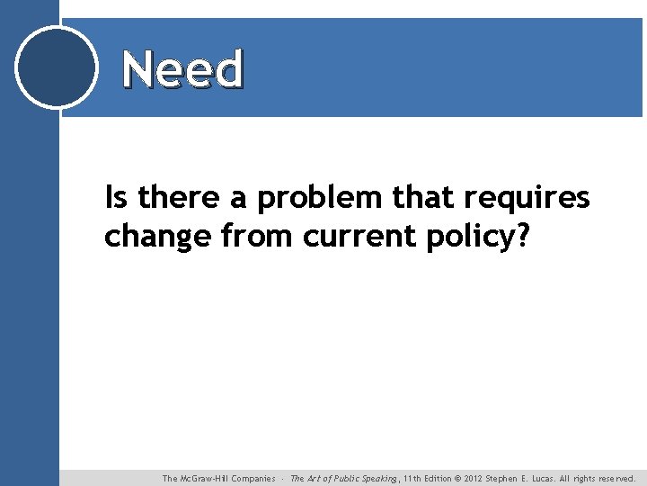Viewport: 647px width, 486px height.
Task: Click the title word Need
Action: (182, 69)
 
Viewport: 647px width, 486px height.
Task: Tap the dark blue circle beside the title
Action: (57, 67)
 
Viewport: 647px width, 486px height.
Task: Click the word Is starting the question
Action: (116, 196)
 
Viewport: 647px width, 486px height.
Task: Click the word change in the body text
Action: (157, 236)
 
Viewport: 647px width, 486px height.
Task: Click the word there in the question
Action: (177, 196)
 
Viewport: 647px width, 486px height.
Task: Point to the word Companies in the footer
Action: (253, 479)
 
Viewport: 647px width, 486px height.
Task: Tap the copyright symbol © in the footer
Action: (457, 479)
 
